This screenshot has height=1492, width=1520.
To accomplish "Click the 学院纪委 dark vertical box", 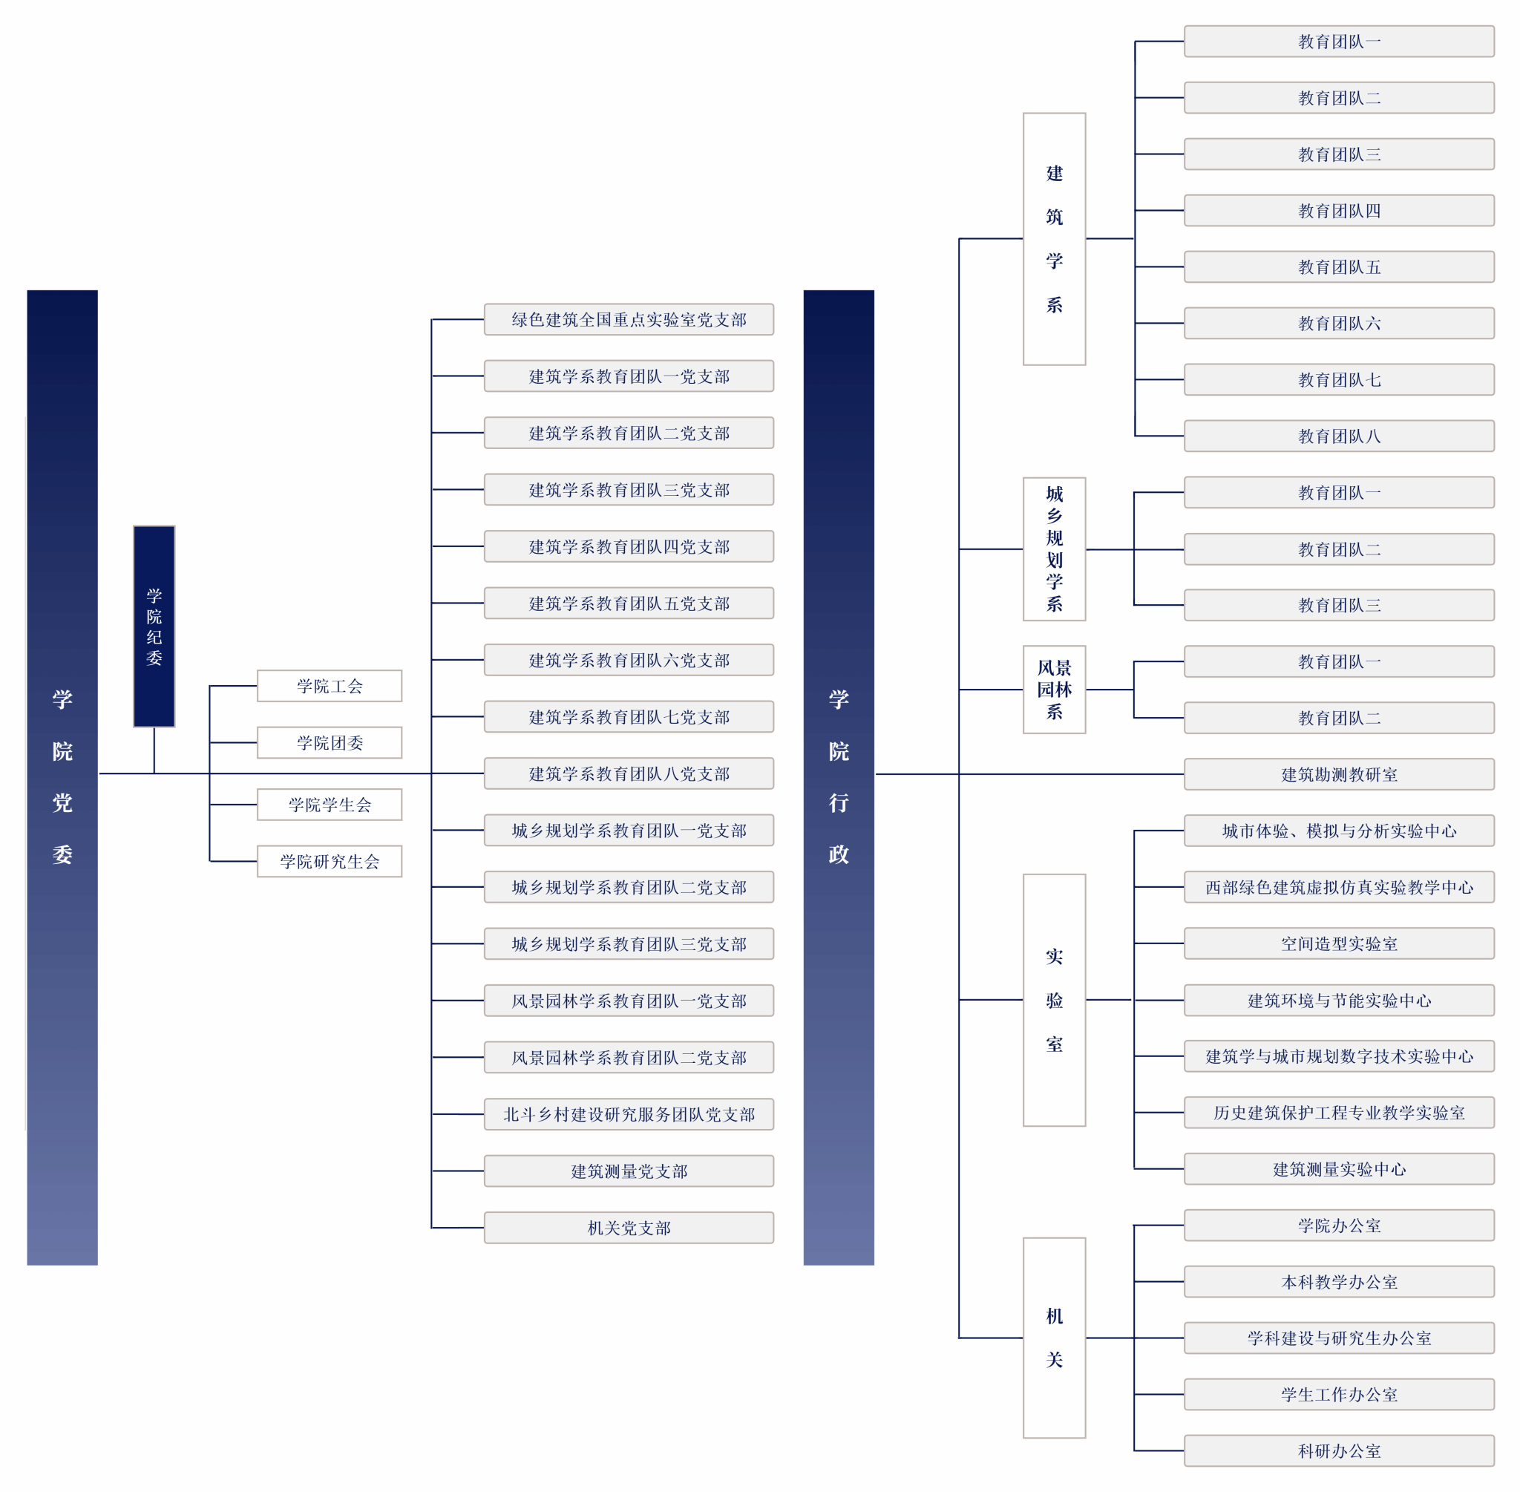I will click(154, 626).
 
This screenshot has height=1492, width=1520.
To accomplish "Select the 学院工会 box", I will click(329, 686).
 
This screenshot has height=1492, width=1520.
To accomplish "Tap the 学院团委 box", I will click(329, 742).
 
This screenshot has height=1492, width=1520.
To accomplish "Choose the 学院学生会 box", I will click(329, 804).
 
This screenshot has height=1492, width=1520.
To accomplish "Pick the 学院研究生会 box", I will click(329, 861).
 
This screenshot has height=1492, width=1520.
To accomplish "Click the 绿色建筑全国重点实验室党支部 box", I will click(629, 320).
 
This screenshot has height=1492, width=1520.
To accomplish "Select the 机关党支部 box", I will click(629, 1227).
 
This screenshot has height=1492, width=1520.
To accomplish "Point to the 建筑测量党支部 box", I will click(629, 1171).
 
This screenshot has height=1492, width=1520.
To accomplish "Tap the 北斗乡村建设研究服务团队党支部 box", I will click(629, 1113).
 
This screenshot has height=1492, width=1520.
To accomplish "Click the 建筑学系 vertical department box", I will click(1054, 239).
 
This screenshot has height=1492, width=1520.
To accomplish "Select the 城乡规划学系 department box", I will click(1054, 549).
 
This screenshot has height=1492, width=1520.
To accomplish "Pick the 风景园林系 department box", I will click(1054, 690).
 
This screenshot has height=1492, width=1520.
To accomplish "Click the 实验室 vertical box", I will click(1054, 1000).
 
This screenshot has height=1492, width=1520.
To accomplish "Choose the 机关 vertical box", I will click(1054, 1338).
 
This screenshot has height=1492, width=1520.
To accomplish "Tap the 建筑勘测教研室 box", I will click(1338, 774).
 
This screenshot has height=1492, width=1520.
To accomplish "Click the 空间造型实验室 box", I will click(1338, 943).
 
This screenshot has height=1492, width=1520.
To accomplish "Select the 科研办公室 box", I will click(1338, 1450).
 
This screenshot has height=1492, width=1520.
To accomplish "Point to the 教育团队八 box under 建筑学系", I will click(1338, 436).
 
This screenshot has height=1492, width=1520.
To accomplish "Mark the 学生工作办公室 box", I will click(1338, 1394).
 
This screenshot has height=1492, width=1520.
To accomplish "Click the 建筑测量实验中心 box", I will click(1338, 1168).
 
